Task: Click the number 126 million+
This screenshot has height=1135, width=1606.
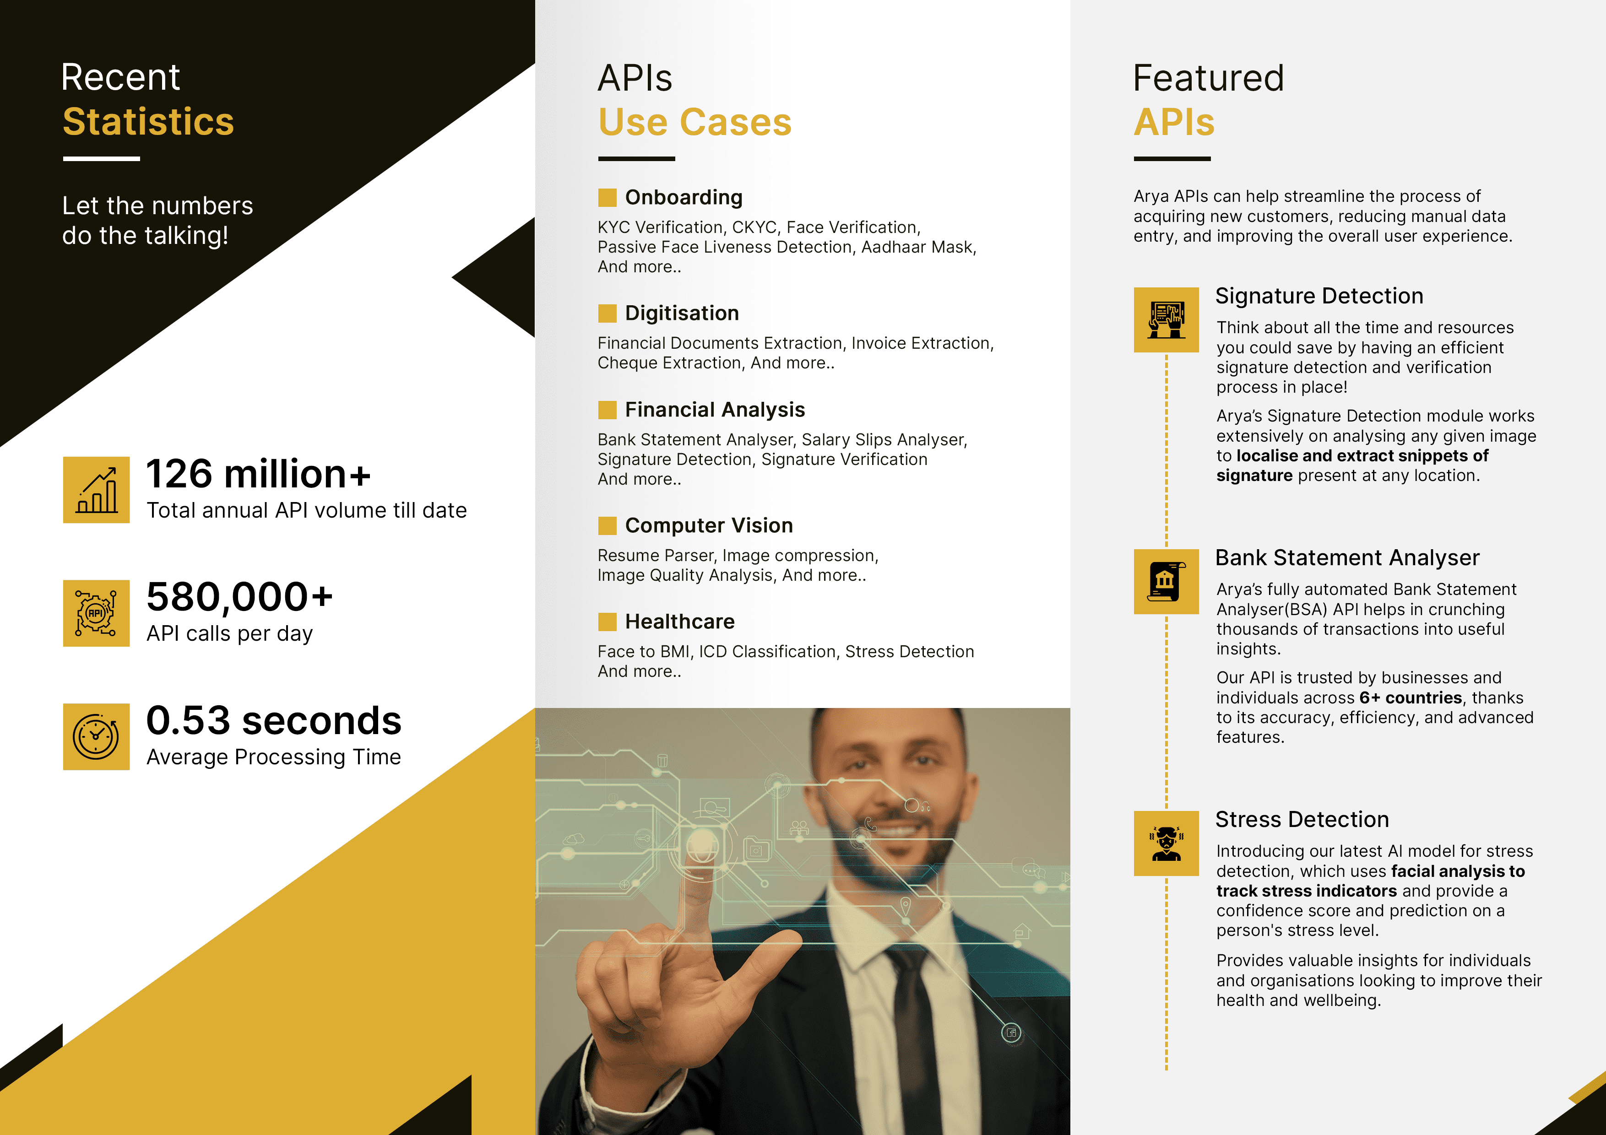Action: point(258,474)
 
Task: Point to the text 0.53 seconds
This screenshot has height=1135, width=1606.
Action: point(273,720)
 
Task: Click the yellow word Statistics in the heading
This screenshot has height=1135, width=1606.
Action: point(148,122)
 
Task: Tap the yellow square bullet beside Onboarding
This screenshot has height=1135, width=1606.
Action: point(607,198)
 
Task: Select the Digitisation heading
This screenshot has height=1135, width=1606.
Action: point(682,313)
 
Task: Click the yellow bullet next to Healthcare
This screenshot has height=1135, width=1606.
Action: point(607,622)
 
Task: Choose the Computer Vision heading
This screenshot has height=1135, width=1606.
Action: point(709,526)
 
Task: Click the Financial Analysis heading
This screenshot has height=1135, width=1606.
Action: point(715,410)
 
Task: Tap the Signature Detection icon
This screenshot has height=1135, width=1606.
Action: point(1166,319)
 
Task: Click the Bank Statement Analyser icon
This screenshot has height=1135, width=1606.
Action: point(1166,581)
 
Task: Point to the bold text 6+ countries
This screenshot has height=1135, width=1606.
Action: point(1410,698)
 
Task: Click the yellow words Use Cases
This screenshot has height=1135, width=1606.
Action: point(694,122)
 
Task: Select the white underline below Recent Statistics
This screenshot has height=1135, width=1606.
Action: point(102,159)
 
